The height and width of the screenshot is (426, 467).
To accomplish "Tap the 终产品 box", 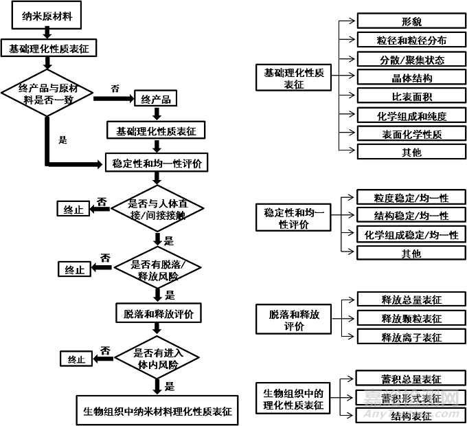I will click(x=156, y=100).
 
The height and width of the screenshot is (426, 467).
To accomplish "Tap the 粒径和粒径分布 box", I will click(x=411, y=41).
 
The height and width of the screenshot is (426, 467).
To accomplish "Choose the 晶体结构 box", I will click(x=411, y=78).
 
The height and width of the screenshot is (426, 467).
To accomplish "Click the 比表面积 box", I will click(x=411, y=96).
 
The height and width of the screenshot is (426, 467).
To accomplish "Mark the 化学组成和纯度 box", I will click(x=411, y=115).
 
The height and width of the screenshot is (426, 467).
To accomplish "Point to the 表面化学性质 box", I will click(x=411, y=133).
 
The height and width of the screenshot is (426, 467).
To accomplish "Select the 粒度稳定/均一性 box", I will click(x=411, y=198).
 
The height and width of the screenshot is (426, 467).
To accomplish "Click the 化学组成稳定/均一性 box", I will click(x=411, y=235).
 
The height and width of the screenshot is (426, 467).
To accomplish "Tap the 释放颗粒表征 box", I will click(x=411, y=318).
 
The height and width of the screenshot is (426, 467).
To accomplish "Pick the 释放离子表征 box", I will click(x=411, y=337).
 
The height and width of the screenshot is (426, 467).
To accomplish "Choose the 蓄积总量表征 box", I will click(x=411, y=379).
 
